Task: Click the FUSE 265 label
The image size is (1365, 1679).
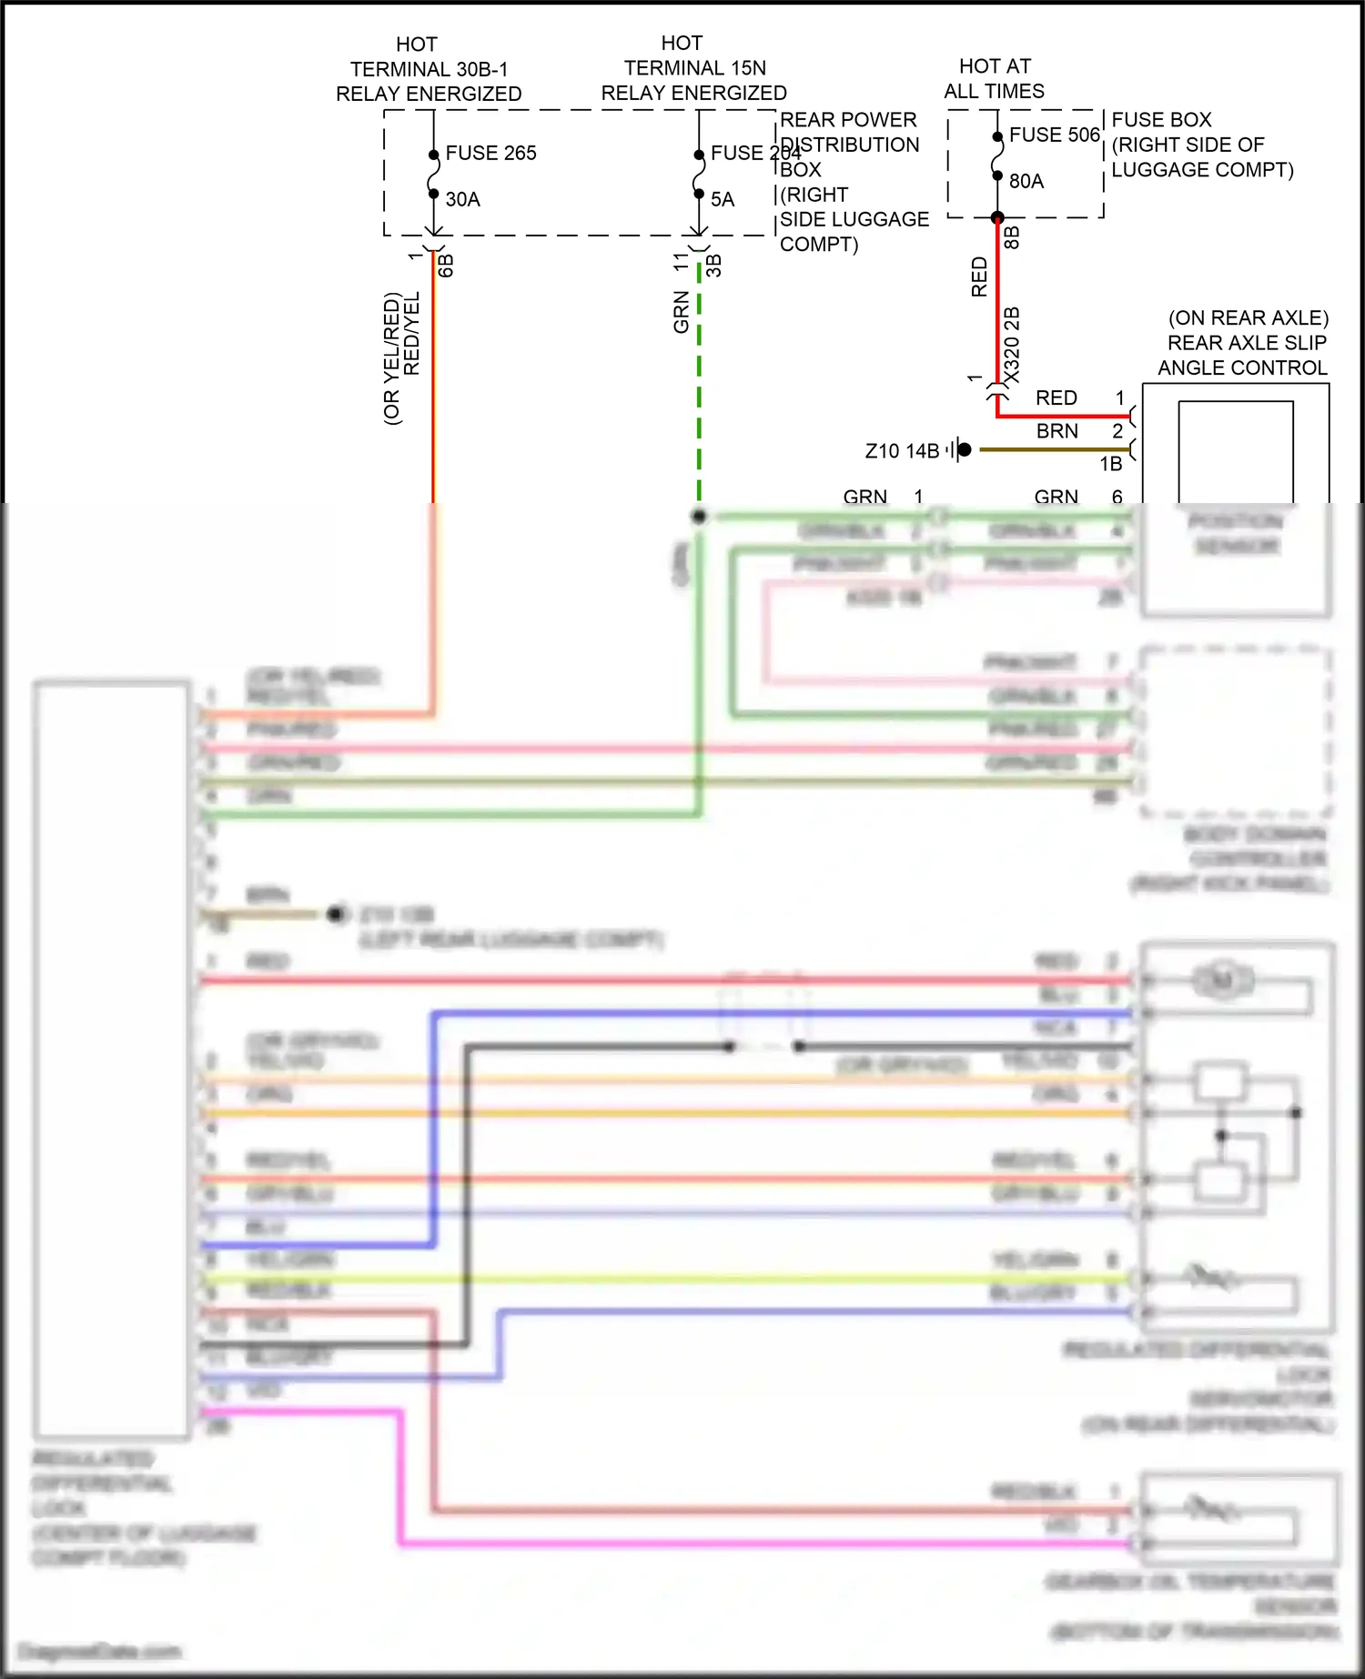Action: click(490, 153)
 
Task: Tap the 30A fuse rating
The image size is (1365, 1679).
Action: click(462, 199)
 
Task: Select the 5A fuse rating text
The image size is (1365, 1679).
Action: click(722, 199)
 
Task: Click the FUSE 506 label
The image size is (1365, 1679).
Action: click(1054, 135)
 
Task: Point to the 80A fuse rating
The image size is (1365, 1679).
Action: click(1026, 181)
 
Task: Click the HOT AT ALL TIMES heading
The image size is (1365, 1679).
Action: click(994, 78)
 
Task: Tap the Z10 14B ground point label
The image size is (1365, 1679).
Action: click(901, 451)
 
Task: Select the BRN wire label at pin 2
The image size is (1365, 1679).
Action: click(1057, 431)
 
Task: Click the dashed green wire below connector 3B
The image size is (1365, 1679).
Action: click(699, 382)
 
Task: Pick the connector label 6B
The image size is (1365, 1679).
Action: click(446, 266)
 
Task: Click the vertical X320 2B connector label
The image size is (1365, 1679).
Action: click(1012, 346)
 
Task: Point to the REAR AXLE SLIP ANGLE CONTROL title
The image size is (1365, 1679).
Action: click(1242, 343)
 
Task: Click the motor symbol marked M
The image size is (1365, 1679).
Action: click(1222, 980)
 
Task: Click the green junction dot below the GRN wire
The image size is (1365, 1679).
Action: click(699, 517)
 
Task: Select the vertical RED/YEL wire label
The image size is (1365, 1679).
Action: click(411, 333)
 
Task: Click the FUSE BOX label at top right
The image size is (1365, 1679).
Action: click(1161, 120)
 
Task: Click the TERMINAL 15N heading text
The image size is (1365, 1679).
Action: click(694, 68)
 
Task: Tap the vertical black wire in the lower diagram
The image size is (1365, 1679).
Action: click(467, 1191)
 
